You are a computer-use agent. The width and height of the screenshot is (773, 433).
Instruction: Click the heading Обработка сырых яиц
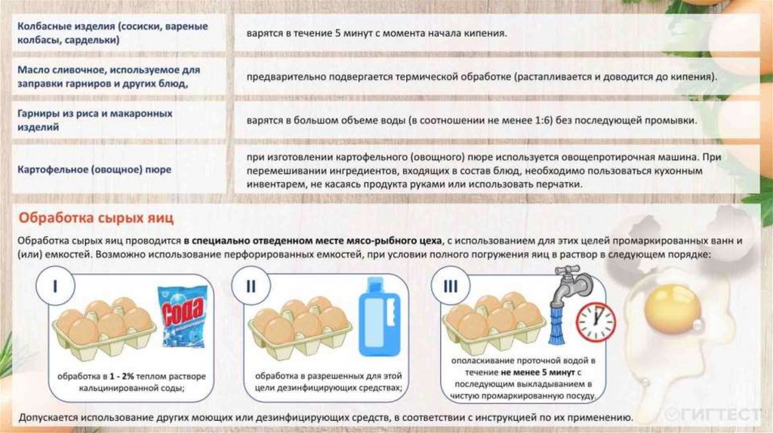point(97,219)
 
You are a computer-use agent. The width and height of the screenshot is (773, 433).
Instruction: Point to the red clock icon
point(596,321)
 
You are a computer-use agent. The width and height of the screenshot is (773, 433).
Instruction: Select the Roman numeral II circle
point(252,287)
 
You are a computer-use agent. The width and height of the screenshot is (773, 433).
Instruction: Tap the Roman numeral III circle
point(451,287)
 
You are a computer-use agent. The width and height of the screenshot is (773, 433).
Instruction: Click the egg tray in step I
point(103,325)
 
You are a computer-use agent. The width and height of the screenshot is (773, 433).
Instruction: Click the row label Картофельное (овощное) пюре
point(94,170)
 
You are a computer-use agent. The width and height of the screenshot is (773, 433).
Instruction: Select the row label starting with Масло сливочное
point(112,76)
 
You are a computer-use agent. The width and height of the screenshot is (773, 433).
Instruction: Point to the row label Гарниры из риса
point(95,120)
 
